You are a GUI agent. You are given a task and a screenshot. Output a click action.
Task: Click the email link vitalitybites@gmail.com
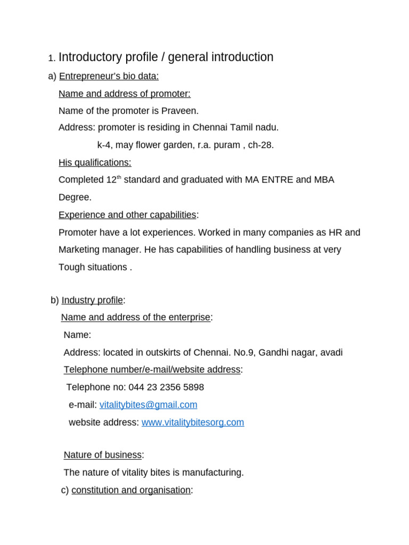[148, 405]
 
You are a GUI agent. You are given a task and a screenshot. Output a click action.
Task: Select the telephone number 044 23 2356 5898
[166, 387]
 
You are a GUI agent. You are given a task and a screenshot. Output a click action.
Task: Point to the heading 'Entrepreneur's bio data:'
[109, 76]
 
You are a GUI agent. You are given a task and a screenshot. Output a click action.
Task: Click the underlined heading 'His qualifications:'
[95, 162]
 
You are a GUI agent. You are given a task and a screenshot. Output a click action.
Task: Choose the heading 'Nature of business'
[103, 455]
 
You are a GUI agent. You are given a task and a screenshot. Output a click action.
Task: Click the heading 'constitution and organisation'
[130, 490]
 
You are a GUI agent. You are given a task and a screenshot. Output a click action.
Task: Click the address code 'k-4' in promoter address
[104, 145]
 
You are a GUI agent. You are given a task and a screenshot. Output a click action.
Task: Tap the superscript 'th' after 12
[119, 177]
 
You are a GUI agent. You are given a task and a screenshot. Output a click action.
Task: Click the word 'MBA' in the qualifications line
[324, 180]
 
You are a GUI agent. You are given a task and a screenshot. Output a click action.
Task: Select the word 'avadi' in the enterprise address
[331, 352]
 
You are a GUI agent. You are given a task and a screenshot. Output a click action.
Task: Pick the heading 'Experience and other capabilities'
[127, 215]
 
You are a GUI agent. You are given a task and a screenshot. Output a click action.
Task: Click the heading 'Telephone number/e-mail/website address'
[152, 370]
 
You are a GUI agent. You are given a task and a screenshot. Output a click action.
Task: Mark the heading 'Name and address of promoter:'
[125, 94]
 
